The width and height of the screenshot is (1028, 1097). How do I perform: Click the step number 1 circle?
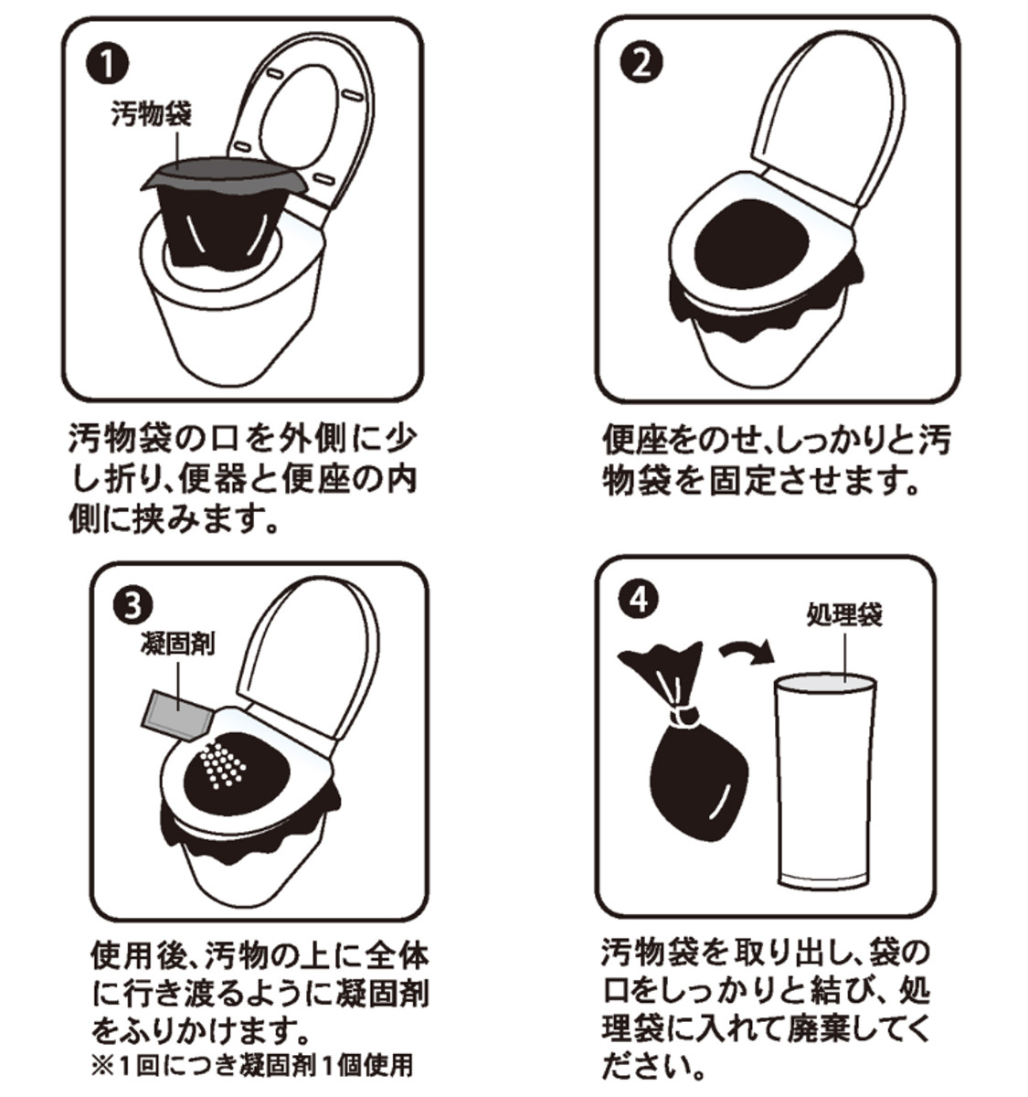click(x=107, y=64)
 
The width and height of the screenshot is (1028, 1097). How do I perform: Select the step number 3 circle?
click(x=133, y=608)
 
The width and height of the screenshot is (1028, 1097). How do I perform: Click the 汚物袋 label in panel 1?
click(x=151, y=114)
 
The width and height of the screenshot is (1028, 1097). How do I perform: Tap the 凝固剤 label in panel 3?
click(x=176, y=643)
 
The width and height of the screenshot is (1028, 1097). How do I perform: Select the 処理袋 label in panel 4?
click(x=844, y=614)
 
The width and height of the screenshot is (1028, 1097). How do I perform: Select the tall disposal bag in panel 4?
click(x=826, y=788)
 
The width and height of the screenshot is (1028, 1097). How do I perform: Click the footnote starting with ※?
click(x=252, y=1066)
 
